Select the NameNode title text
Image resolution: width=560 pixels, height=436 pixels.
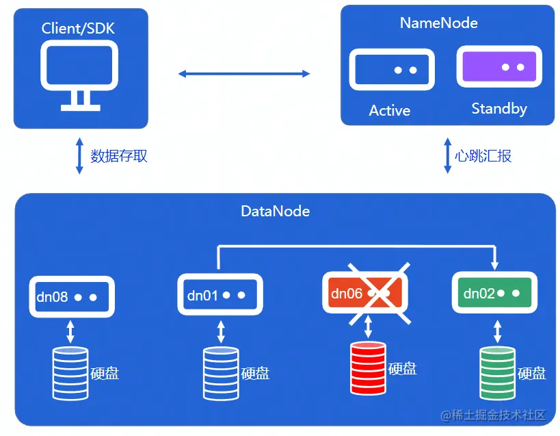point(438,23)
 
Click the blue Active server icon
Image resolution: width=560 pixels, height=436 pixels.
point(392,70)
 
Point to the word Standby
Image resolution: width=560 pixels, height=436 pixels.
point(499,109)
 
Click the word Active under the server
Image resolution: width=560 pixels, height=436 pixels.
point(390,110)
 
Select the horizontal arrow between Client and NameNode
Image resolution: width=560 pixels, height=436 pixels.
point(244,73)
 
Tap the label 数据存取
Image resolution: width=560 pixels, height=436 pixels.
point(119,156)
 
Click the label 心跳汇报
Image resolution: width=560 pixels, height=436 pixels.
point(483,156)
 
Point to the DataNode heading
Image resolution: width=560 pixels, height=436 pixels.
point(276,211)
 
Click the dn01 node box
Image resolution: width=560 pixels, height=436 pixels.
point(220,295)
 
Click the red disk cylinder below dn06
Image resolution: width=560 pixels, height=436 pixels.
point(368,368)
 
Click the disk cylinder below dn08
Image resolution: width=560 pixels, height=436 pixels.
point(70,373)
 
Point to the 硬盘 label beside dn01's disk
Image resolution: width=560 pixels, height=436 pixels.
point(255,374)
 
